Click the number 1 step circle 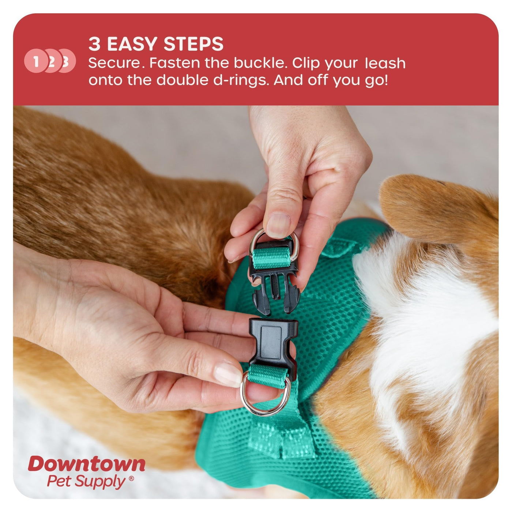tap(35, 61)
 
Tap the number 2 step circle tap(52, 61)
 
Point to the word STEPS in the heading tap(193, 44)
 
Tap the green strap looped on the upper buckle tap(271, 258)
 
